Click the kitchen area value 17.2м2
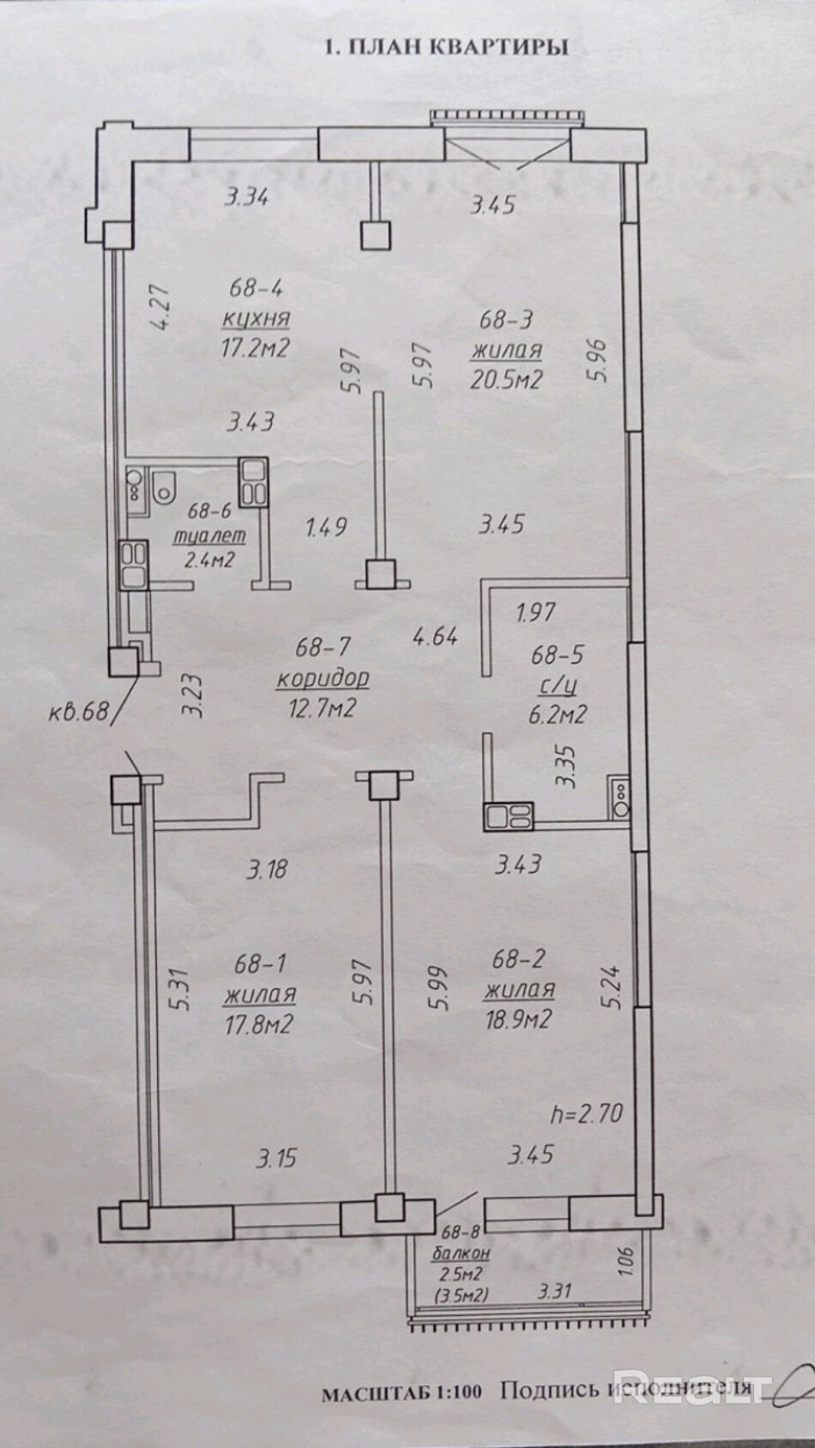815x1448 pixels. [253, 348]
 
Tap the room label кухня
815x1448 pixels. [255, 318]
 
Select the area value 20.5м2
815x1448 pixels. [505, 379]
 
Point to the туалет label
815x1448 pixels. [209, 536]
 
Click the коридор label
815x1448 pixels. [322, 678]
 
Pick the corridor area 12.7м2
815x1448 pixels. [319, 708]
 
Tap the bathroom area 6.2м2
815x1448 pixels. [558, 713]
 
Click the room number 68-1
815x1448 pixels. [259, 964]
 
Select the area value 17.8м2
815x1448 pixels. [258, 1023]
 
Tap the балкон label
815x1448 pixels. [461, 1253]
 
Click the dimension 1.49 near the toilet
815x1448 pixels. [326, 525]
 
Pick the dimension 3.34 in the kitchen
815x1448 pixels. [246, 197]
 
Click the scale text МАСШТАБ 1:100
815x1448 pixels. [403, 1393]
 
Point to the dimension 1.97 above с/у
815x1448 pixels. [536, 613]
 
